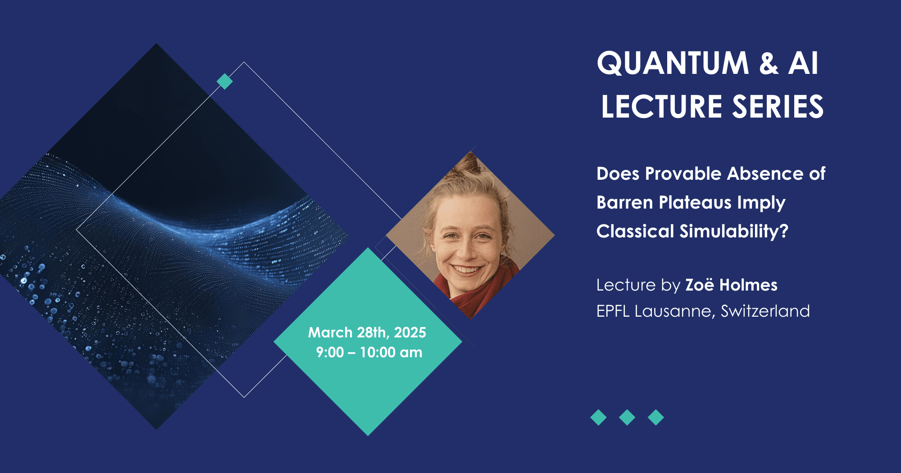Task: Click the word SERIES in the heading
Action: click(x=778, y=107)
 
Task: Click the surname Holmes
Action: click(x=748, y=285)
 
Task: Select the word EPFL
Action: click(x=613, y=311)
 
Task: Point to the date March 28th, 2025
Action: click(x=367, y=332)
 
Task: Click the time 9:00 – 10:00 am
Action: click(x=369, y=352)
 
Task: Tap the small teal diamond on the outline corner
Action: click(x=225, y=82)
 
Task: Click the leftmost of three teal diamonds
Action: click(x=598, y=418)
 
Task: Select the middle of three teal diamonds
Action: click(x=627, y=418)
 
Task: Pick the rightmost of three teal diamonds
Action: click(x=656, y=418)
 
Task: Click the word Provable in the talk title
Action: click(x=683, y=173)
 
